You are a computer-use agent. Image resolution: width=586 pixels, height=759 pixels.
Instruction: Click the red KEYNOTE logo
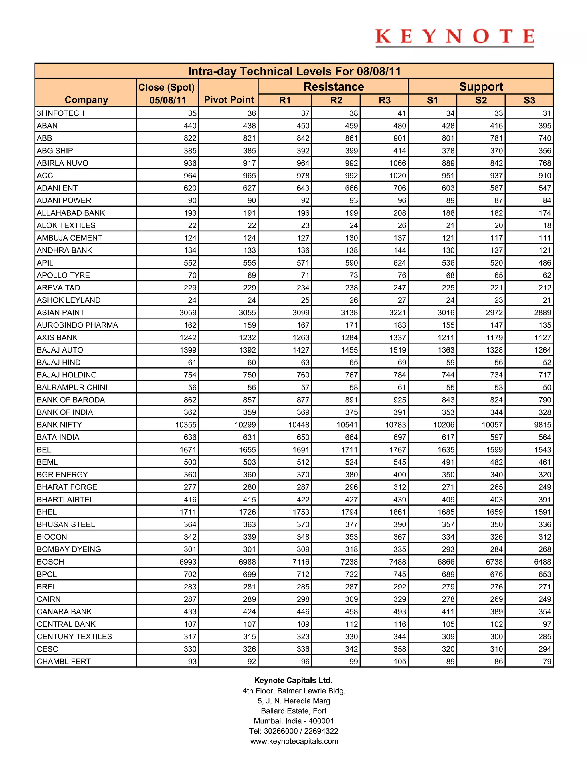(x=454, y=37)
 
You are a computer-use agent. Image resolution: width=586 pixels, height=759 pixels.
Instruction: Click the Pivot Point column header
(x=229, y=100)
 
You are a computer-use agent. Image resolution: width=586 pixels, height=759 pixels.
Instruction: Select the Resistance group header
(x=333, y=86)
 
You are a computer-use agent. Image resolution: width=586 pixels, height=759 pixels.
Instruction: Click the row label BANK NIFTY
(x=59, y=425)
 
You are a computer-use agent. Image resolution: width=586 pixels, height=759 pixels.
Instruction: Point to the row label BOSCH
(x=50, y=562)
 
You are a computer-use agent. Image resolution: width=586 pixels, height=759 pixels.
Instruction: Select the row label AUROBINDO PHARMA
(x=78, y=325)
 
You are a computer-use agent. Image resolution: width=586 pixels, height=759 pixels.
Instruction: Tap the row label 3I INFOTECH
(x=60, y=113)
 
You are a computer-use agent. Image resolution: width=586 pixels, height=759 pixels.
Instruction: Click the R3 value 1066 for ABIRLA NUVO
(x=397, y=163)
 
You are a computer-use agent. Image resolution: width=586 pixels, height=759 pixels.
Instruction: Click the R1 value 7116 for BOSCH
(x=301, y=562)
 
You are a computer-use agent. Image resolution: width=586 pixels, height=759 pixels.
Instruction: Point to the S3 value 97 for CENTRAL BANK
(x=547, y=624)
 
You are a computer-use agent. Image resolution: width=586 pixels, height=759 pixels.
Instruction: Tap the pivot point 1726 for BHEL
(x=247, y=512)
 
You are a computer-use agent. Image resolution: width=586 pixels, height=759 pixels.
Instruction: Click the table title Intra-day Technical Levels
(x=294, y=71)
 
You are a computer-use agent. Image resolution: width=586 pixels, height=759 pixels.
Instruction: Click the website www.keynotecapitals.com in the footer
(x=294, y=741)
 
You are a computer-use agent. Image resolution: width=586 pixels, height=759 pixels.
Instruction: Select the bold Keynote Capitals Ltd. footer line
(x=293, y=680)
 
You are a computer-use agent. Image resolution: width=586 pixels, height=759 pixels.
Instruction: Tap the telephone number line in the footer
(x=293, y=731)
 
